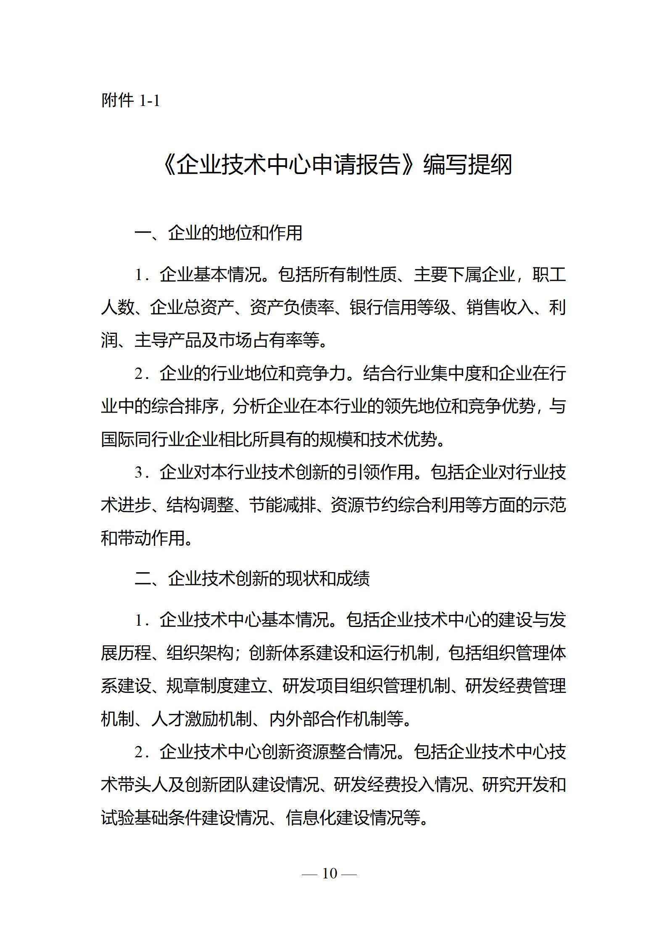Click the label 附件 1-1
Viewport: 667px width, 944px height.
pos(130,101)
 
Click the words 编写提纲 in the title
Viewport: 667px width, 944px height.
pos(467,164)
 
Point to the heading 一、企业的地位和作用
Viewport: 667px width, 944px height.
pos(218,233)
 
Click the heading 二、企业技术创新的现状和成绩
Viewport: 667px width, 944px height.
pos(252,579)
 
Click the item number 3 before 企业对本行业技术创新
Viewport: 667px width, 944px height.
pos(139,472)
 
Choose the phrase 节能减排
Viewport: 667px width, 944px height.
pos(282,505)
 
